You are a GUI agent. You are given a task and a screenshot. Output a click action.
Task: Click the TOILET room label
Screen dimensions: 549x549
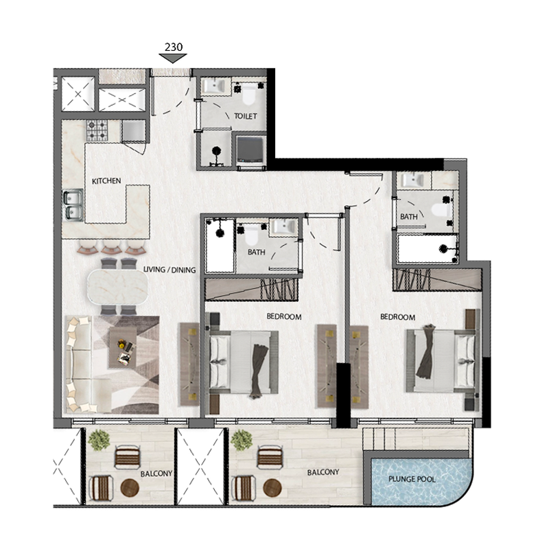click(x=245, y=117)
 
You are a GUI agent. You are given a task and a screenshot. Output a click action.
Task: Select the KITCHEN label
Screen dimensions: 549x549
click(x=106, y=181)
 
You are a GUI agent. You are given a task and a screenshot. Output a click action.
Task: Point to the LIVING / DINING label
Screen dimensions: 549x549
click(x=170, y=270)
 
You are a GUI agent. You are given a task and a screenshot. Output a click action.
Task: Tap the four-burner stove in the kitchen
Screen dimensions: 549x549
click(x=96, y=129)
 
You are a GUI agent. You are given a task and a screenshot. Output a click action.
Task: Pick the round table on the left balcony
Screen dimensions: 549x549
click(x=130, y=488)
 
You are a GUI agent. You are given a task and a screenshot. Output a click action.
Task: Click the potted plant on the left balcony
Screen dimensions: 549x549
click(x=100, y=439)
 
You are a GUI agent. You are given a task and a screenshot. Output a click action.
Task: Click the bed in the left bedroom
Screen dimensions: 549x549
click(x=244, y=361)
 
